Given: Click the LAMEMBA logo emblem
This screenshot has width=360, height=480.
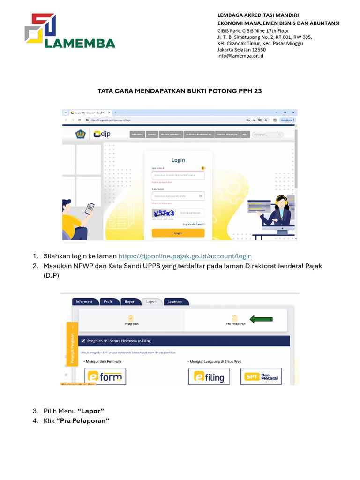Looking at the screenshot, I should [40, 29].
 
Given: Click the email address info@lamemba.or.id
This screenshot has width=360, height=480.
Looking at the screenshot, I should [240, 56].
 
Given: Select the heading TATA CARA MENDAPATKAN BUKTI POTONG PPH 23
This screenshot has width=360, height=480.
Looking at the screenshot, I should [180, 91].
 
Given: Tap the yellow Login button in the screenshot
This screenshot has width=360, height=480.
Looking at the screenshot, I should [178, 232].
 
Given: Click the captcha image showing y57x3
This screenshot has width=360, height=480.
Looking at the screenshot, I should [164, 213].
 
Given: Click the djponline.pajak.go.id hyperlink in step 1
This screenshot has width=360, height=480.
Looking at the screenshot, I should [185, 256].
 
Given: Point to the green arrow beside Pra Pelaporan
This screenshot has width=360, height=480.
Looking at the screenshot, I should [261, 319].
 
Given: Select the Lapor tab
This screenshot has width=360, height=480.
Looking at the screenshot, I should [150, 302].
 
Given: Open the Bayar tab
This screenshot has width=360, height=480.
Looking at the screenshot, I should [128, 302].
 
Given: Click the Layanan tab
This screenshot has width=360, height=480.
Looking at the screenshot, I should [174, 302].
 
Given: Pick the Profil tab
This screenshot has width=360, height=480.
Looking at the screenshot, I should [108, 302].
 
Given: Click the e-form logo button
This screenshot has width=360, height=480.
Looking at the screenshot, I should [105, 376].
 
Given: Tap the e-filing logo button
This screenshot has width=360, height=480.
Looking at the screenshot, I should [209, 376].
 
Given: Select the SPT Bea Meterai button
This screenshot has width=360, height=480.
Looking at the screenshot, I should [261, 376].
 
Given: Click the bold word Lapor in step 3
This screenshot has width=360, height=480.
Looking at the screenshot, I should [92, 411].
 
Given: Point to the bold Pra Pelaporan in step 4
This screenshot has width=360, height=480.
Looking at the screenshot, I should [82, 420].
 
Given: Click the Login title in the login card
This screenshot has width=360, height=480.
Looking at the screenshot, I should [178, 160].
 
